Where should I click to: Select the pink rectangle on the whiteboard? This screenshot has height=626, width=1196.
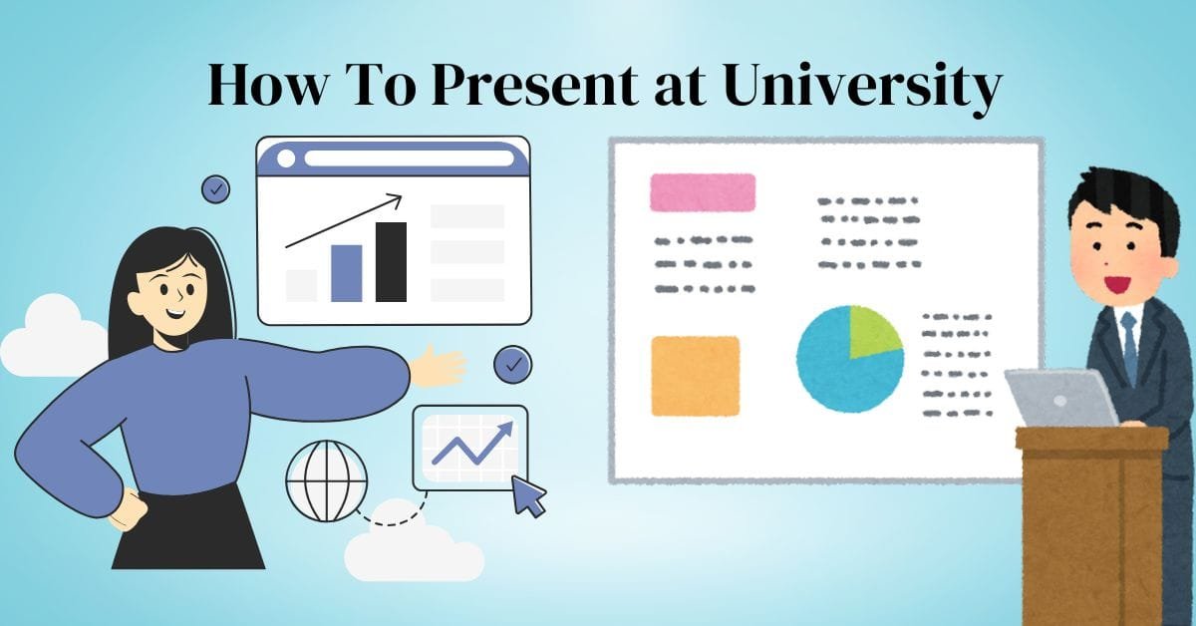click(x=703, y=192)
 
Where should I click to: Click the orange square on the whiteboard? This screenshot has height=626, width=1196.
click(x=696, y=376)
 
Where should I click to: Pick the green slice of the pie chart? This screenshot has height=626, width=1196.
click(x=872, y=331)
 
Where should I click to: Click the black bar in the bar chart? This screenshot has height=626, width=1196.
click(x=391, y=262)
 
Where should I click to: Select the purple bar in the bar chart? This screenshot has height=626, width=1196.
click(x=346, y=273)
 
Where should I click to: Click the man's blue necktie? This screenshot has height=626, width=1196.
click(x=1128, y=344)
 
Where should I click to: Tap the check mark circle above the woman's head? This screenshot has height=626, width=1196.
click(x=215, y=188)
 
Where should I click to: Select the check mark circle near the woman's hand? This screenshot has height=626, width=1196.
click(x=512, y=365)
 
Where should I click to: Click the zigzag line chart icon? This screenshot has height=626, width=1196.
click(x=470, y=446)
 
